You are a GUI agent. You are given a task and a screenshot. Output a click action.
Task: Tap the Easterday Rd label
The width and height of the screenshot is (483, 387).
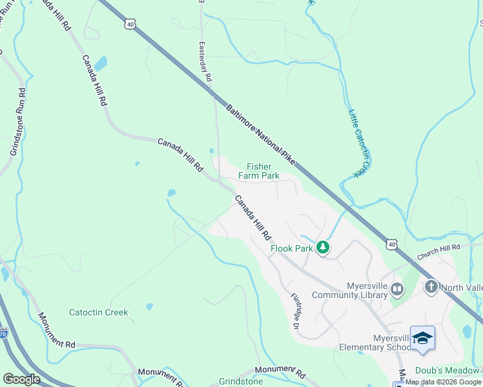[205, 63]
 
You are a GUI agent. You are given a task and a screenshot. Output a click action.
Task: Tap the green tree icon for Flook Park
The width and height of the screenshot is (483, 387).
[324, 248]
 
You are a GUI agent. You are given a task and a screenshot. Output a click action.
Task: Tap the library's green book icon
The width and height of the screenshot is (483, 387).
[396, 291]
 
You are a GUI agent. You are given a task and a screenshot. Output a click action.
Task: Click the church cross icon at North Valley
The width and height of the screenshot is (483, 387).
[431, 286]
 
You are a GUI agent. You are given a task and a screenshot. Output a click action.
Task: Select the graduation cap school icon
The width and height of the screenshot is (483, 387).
[422, 338]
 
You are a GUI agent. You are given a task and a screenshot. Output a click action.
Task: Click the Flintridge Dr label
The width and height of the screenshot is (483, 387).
[296, 312]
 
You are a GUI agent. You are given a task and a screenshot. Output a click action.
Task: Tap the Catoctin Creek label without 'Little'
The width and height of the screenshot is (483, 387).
[99, 313]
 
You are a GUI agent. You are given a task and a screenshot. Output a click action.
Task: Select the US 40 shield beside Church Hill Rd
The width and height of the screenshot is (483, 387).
[392, 244]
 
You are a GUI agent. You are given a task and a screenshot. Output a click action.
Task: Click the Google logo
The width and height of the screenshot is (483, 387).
[21, 379]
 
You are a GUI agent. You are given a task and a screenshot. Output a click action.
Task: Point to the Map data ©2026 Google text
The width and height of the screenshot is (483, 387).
[444, 382]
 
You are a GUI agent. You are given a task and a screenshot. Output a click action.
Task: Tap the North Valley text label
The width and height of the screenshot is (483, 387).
[463, 286]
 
